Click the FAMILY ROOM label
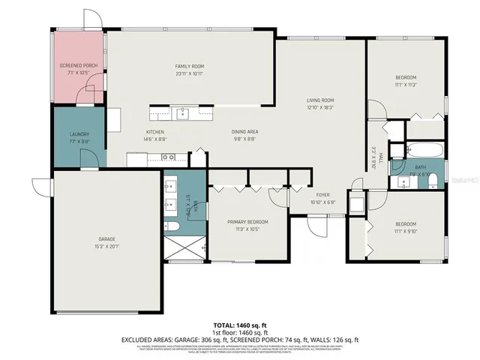coord(190,66)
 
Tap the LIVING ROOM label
coord(319,100)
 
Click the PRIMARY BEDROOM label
coord(247,222)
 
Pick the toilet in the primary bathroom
coord(172,226)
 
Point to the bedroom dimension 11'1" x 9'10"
coord(406,231)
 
